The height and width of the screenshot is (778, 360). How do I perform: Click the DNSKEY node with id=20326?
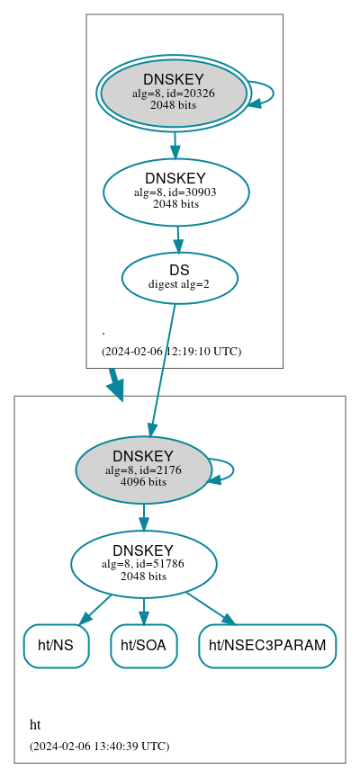click(174, 93)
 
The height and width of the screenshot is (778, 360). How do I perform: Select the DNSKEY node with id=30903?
click(175, 192)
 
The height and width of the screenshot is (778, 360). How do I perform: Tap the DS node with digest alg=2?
click(179, 277)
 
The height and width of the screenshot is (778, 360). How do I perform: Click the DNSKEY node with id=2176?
click(143, 469)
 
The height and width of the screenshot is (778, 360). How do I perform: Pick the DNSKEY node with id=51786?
click(143, 564)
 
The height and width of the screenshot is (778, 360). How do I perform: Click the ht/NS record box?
click(56, 646)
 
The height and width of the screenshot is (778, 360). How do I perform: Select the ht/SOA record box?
click(144, 646)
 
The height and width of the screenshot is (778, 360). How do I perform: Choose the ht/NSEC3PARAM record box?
click(267, 646)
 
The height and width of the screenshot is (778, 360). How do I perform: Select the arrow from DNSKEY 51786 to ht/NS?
click(97, 608)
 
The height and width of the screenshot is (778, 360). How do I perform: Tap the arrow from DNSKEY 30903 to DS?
click(178, 238)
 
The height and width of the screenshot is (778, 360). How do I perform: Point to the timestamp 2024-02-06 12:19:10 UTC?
click(171, 351)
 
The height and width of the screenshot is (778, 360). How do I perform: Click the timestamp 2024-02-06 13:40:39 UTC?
click(99, 746)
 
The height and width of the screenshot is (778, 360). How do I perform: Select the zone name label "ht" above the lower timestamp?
click(35, 725)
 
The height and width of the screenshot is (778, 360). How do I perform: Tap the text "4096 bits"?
click(143, 481)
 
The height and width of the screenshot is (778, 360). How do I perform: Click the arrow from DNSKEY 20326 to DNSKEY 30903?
click(175, 144)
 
